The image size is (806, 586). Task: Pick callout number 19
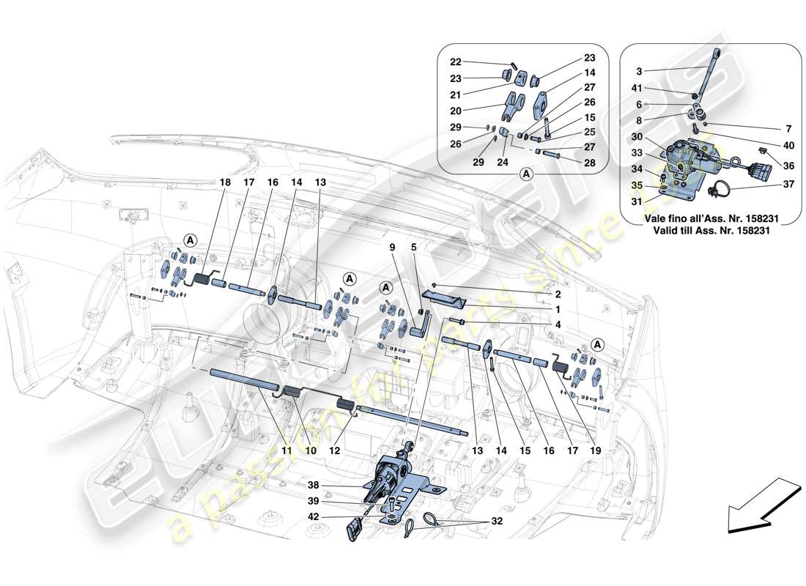tap(594, 452)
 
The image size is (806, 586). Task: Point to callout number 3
tap(639, 71)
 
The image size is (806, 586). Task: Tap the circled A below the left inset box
tap(525, 174)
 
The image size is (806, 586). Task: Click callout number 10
tap(311, 452)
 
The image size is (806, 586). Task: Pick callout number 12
tap(333, 452)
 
